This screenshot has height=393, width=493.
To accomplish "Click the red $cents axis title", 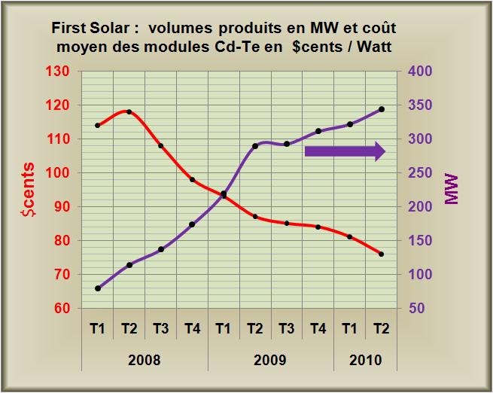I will tap(26, 190).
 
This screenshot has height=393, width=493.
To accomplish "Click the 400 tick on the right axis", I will tap(418, 72).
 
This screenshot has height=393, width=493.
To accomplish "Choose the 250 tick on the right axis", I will tap(418, 173).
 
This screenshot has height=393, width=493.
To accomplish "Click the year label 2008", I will tap(145, 360).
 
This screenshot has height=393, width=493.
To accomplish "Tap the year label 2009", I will tap(269, 360).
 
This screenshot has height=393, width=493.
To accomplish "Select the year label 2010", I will tap(365, 360).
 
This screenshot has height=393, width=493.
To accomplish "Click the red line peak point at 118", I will tap(129, 111).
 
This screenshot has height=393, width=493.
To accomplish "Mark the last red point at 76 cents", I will tap(381, 254).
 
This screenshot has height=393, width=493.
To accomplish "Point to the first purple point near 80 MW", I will tap(98, 288).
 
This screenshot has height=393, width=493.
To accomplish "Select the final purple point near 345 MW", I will tap(381, 109).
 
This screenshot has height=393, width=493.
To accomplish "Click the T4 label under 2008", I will tap(192, 328).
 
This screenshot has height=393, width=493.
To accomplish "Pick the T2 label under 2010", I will tap(381, 328).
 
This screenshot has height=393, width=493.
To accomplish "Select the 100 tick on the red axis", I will tap(60, 173).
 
